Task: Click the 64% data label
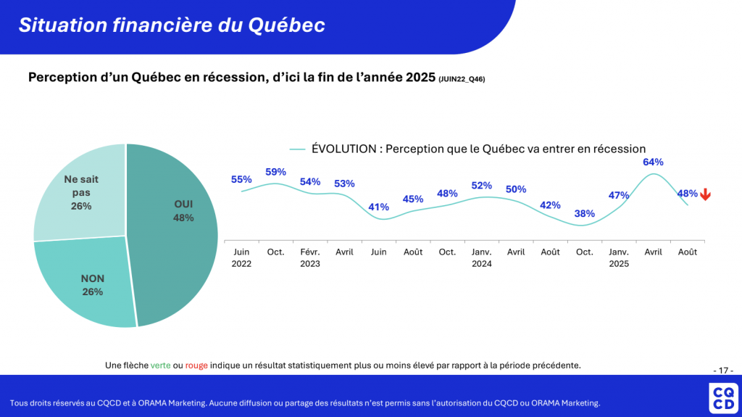(653, 162)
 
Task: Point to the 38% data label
(585, 213)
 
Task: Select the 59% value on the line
(275, 172)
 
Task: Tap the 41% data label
(378, 207)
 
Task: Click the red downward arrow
(705, 194)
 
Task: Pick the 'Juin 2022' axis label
(241, 257)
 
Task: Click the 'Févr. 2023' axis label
(310, 257)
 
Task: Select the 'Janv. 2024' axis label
(482, 257)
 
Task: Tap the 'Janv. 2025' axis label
(619, 257)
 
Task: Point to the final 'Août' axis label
(688, 252)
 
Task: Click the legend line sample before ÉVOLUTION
(297, 149)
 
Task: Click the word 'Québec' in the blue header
(286, 25)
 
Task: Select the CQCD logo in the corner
(722, 398)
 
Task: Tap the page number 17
(722, 370)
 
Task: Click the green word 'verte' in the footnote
(160, 365)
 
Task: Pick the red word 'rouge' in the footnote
(196, 365)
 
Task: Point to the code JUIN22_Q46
(462, 79)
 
